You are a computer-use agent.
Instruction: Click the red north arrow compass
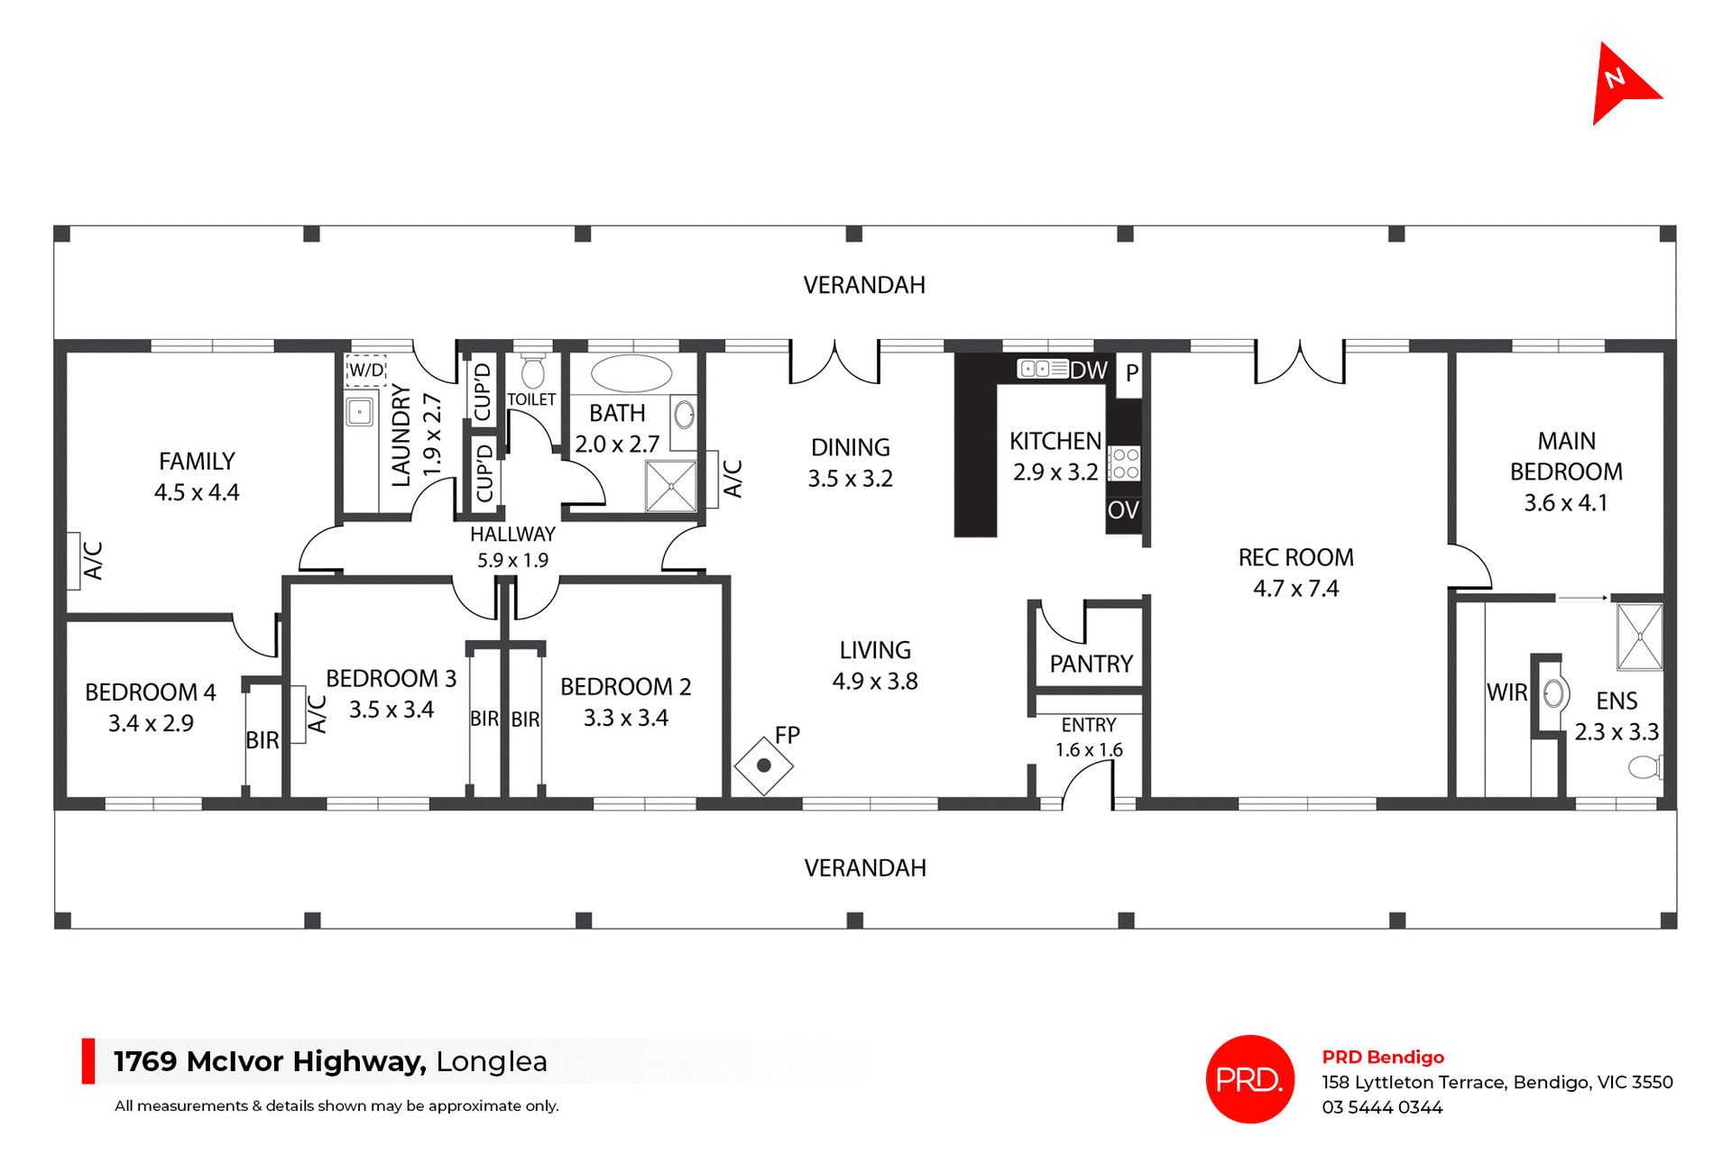(1621, 85)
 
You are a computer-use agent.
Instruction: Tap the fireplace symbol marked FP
(763, 765)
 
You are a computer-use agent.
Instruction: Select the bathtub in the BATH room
(631, 373)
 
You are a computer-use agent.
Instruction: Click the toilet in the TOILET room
(533, 371)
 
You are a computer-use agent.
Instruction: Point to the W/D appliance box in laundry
(366, 370)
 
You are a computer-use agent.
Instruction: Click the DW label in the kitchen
(1089, 370)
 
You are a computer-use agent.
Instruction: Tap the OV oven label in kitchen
(1123, 510)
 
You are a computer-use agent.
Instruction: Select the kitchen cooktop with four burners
(1125, 463)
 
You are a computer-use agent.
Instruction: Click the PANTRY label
(1091, 665)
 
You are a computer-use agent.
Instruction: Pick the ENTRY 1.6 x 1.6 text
(1089, 738)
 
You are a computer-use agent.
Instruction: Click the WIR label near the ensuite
(1506, 692)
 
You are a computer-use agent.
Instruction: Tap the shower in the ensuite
(1639, 637)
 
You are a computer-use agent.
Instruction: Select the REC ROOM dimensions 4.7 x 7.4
(1295, 589)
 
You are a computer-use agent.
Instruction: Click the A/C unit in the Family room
(74, 561)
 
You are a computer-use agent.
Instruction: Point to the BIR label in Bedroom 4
(263, 740)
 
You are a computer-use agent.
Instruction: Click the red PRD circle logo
(1249, 1079)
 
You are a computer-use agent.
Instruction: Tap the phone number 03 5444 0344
(1382, 1108)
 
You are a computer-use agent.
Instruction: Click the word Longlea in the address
(492, 1062)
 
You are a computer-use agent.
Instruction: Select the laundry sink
(360, 412)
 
